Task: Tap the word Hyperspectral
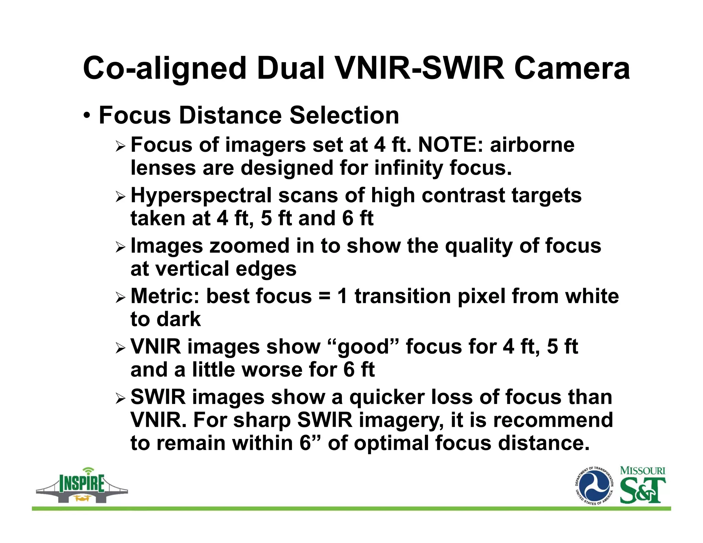point(201,196)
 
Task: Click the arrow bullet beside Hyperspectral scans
point(121,197)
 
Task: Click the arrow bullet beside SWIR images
point(121,398)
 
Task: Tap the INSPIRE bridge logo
point(82,485)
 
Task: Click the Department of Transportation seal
point(594,486)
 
